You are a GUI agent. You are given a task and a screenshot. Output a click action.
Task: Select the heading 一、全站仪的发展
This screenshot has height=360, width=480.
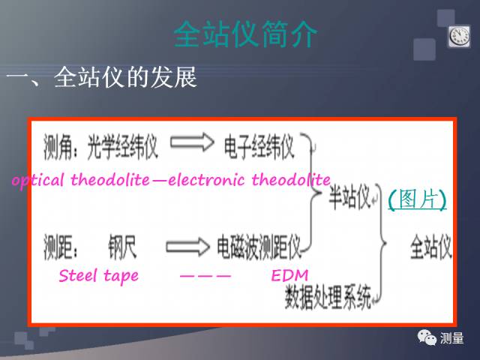pos(102,78)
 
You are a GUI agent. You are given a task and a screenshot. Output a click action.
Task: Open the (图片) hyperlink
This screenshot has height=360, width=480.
pos(417,199)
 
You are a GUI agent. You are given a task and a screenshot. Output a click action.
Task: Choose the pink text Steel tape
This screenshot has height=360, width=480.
pos(98,276)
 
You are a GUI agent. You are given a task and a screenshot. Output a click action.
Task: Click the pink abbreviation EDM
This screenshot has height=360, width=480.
pos(289,276)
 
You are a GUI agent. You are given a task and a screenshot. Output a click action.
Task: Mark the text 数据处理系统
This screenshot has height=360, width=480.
pos(328,299)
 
